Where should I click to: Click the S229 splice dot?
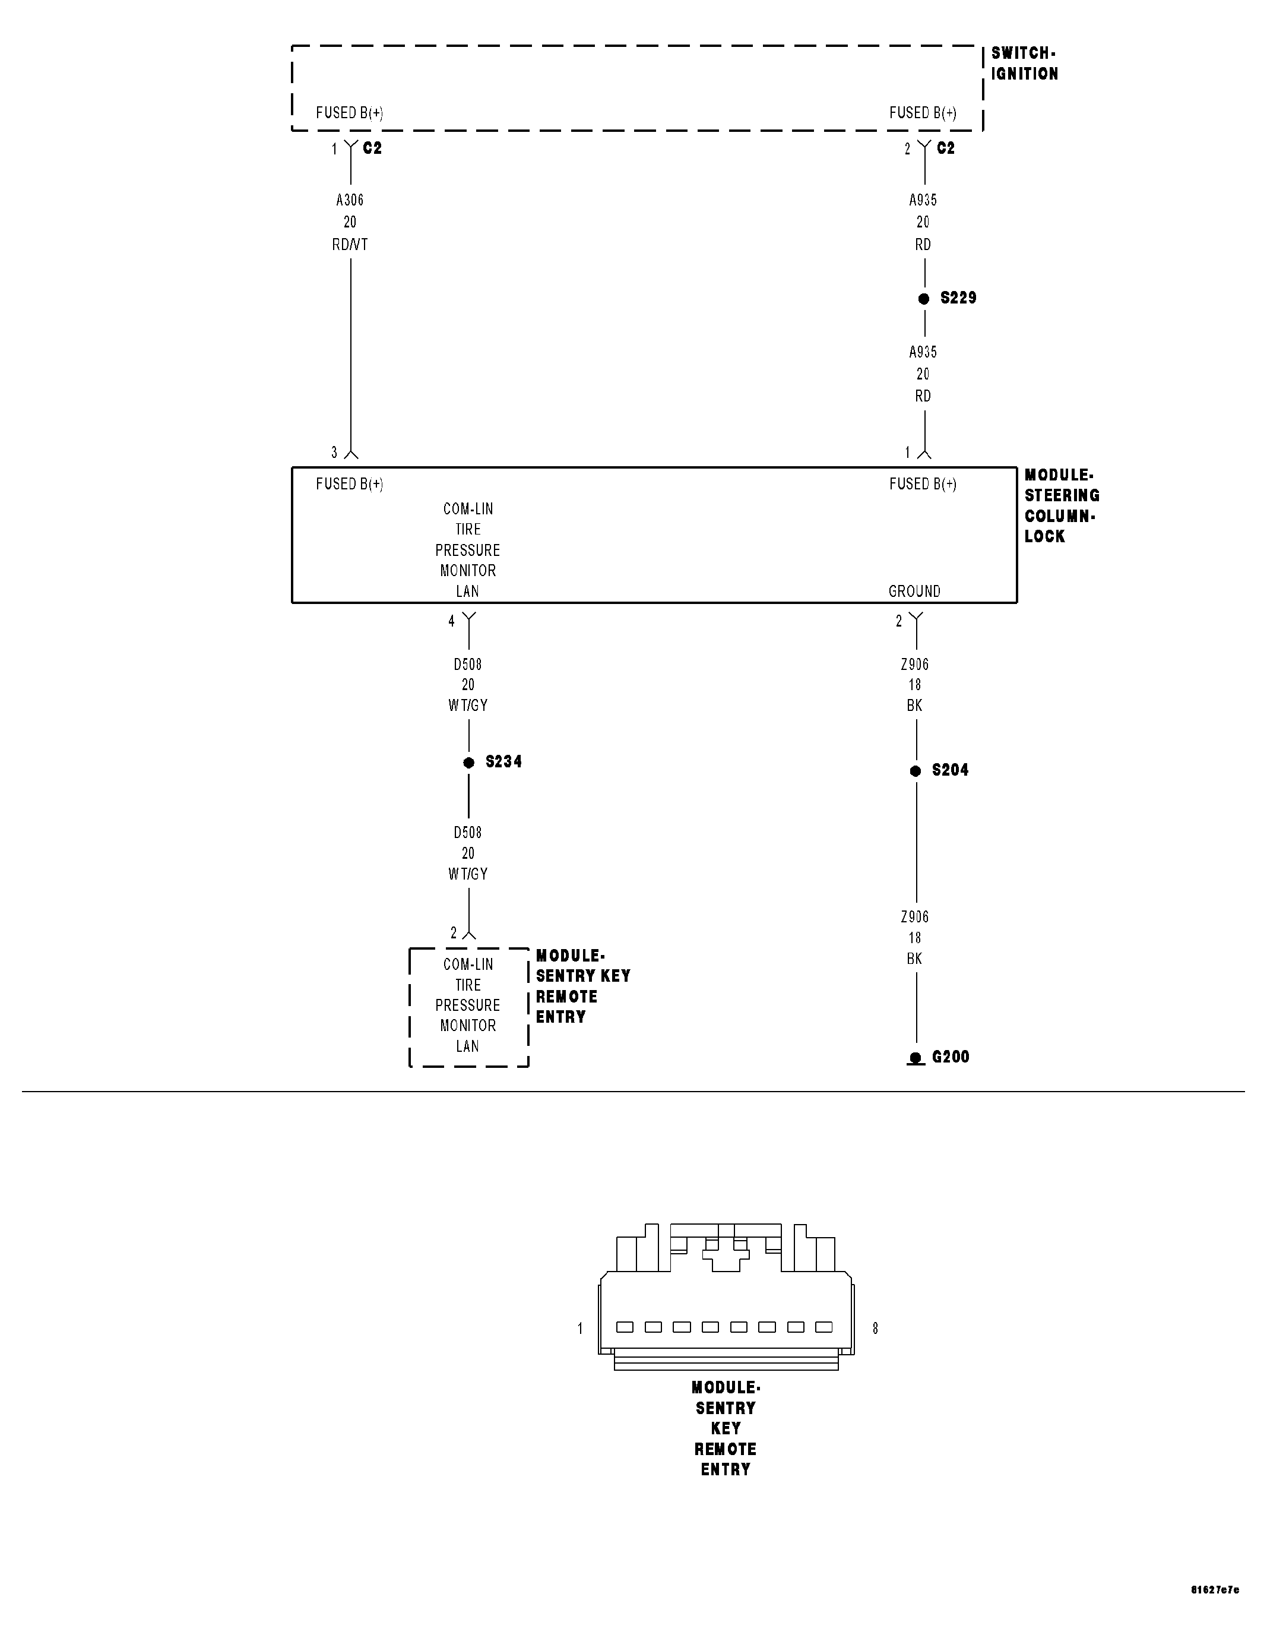924,299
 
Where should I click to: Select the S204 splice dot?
916,771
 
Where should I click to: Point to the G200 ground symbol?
916,1058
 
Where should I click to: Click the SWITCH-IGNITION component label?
1024,64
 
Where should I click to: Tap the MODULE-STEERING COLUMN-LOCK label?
1061,505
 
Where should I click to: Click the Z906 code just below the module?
915,665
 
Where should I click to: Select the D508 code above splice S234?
468,665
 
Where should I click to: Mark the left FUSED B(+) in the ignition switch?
349,113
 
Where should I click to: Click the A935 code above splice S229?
923,200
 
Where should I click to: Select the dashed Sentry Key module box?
468,1007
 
